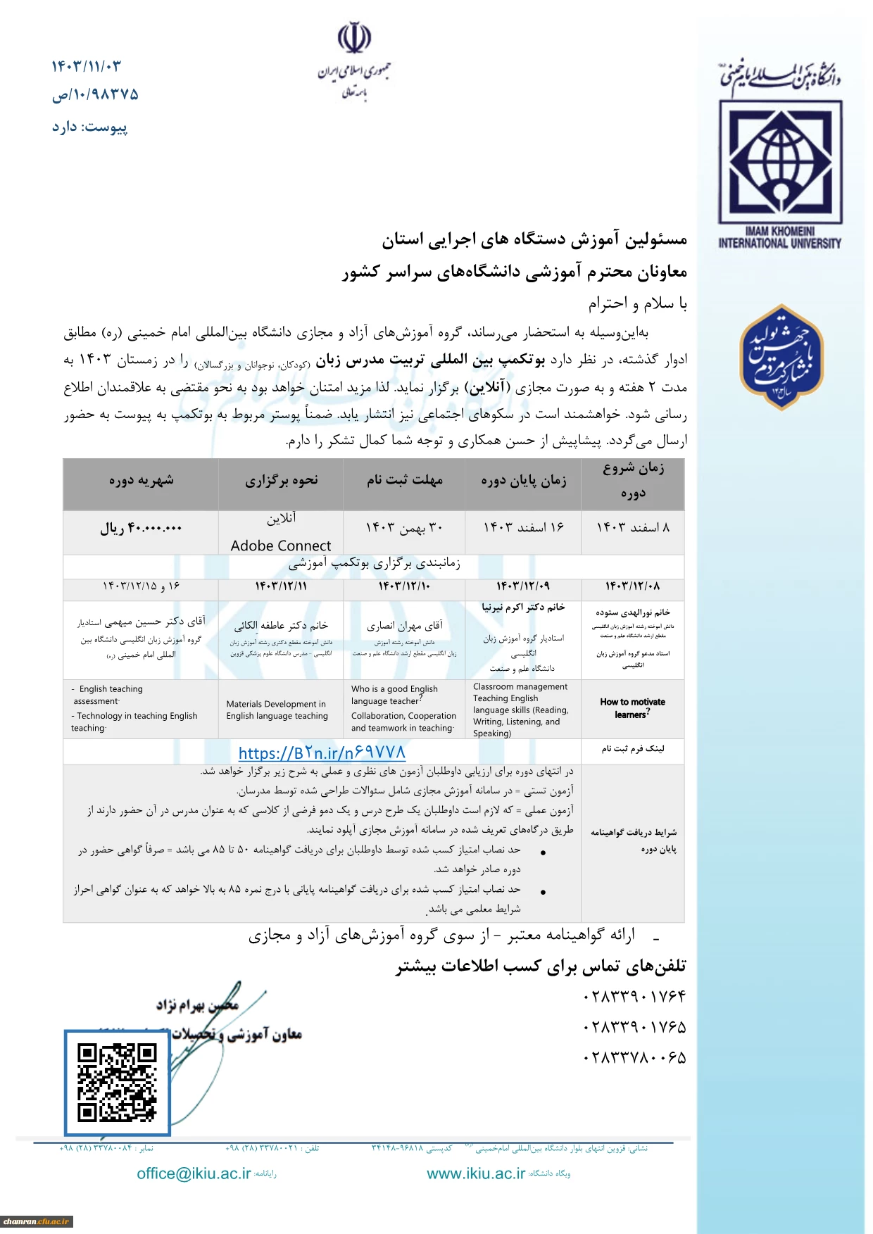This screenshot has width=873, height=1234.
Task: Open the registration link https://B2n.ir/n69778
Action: (322, 753)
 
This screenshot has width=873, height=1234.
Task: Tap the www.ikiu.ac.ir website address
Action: (476, 1173)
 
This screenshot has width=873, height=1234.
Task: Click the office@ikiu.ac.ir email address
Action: (194, 1173)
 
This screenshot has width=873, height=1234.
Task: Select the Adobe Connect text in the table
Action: (280, 546)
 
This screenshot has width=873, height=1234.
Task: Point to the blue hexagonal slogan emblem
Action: (781, 357)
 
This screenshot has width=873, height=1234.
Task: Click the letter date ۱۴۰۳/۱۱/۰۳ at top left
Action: (87, 66)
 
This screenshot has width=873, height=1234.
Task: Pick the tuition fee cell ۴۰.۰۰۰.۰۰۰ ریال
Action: (141, 528)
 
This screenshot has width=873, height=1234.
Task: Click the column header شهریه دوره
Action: (141, 481)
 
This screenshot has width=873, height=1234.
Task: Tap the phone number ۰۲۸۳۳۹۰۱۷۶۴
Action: (634, 997)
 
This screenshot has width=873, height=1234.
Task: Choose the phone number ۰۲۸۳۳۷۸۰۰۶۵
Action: (634, 1057)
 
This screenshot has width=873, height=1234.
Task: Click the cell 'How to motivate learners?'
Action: (632, 708)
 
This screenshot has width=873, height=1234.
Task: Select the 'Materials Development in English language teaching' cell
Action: (277, 710)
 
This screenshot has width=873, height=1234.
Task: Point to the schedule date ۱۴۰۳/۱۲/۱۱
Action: (280, 586)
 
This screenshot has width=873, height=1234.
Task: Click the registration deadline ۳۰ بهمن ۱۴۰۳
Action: (404, 527)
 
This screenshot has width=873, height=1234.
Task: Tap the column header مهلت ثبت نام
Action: (404, 481)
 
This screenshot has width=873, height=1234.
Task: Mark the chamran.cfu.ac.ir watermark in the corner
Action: (36, 1221)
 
